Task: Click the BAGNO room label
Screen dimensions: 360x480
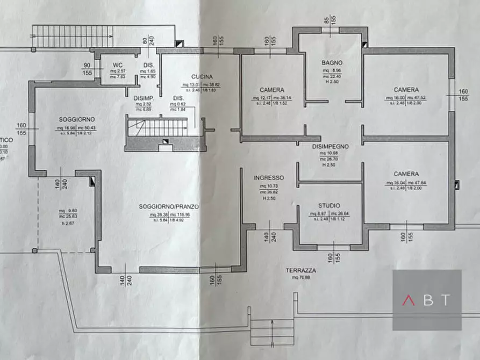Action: [x=333, y=63]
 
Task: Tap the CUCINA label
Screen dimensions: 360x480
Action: [x=202, y=77]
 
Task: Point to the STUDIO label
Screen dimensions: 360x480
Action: [x=329, y=206]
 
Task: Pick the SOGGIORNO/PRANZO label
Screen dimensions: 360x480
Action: [x=169, y=206]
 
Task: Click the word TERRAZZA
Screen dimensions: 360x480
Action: [x=301, y=271]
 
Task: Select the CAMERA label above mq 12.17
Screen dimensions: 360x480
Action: [x=272, y=90]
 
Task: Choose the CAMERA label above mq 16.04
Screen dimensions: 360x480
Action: [x=406, y=174]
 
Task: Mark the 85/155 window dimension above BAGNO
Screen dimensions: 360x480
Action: [x=329, y=22]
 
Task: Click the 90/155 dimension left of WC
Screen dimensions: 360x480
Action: [x=87, y=70]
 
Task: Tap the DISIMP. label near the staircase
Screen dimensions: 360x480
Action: [x=144, y=97]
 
